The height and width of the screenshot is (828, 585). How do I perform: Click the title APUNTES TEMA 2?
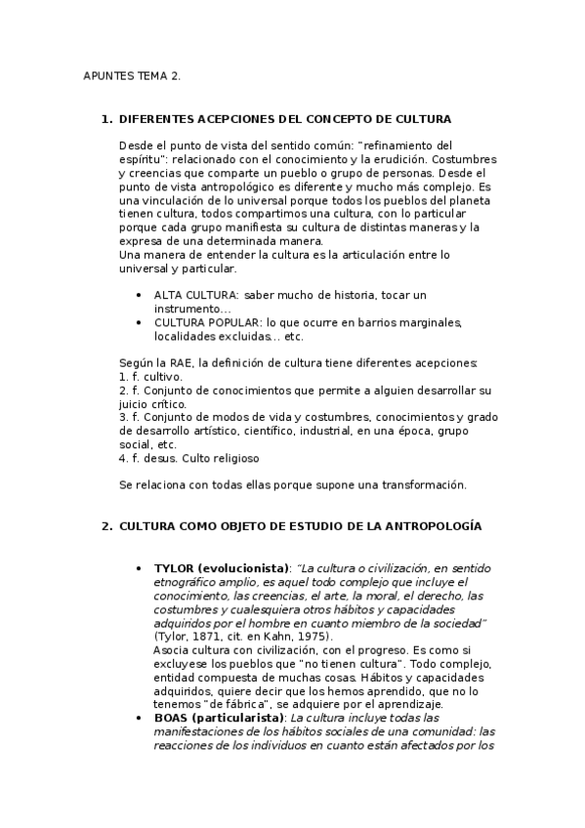[x=132, y=76]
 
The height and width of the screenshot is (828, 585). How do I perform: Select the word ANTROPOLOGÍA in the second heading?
[x=435, y=526]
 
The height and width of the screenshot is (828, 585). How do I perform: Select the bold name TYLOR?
[x=176, y=568]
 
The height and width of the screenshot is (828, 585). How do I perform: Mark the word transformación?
[x=420, y=484]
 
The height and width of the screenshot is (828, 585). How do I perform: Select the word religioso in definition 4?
[x=234, y=457]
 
